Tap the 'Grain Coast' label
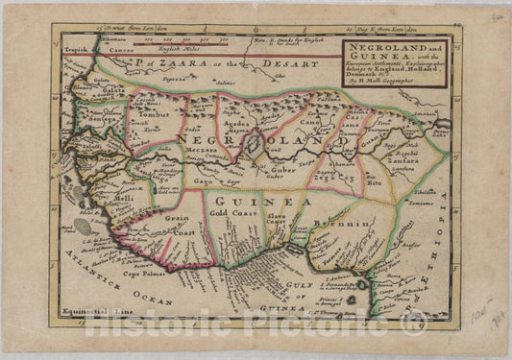180,227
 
